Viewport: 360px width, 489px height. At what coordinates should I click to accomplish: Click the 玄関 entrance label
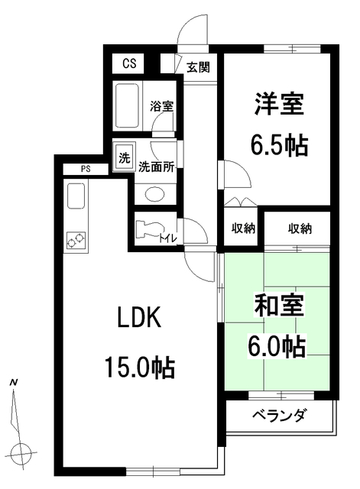[x=198, y=67]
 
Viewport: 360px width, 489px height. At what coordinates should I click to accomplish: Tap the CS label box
[x=128, y=63]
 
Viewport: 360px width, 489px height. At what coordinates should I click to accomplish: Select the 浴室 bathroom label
[x=161, y=105]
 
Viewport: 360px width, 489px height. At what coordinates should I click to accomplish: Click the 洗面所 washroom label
[x=156, y=167]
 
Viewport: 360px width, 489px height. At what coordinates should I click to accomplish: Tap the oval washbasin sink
[x=154, y=193]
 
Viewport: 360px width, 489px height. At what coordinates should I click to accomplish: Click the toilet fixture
[x=147, y=230]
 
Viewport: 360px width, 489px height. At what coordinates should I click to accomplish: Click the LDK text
[x=138, y=319]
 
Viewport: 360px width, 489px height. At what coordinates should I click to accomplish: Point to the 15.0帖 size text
[x=140, y=369]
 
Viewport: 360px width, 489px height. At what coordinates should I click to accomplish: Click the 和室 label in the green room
[x=279, y=306]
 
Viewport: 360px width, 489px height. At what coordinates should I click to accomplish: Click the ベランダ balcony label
[x=279, y=416]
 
